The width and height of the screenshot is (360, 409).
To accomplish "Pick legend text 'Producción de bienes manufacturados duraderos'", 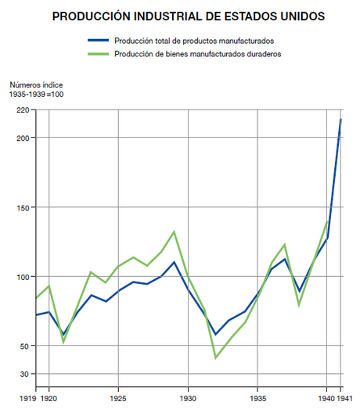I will coord(197,54).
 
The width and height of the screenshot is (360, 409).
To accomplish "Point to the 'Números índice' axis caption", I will coord(36,84).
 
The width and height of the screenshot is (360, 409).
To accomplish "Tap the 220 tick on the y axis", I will coord(23,110).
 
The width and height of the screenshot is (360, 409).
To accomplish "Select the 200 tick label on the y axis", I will coord(23,138).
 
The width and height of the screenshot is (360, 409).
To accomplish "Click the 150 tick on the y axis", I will coord(23,207).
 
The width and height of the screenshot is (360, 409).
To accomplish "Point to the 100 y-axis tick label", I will coord(23,277).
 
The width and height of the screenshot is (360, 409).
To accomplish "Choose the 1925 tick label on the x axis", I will coord(118,398).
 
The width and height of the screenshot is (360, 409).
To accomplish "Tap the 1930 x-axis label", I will coord(188,398).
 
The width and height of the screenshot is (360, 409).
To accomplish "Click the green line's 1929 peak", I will coord(174,231).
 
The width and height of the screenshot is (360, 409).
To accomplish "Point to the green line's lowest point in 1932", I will coord(215,358).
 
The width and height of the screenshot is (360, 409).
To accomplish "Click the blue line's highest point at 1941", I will coord(341,119).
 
